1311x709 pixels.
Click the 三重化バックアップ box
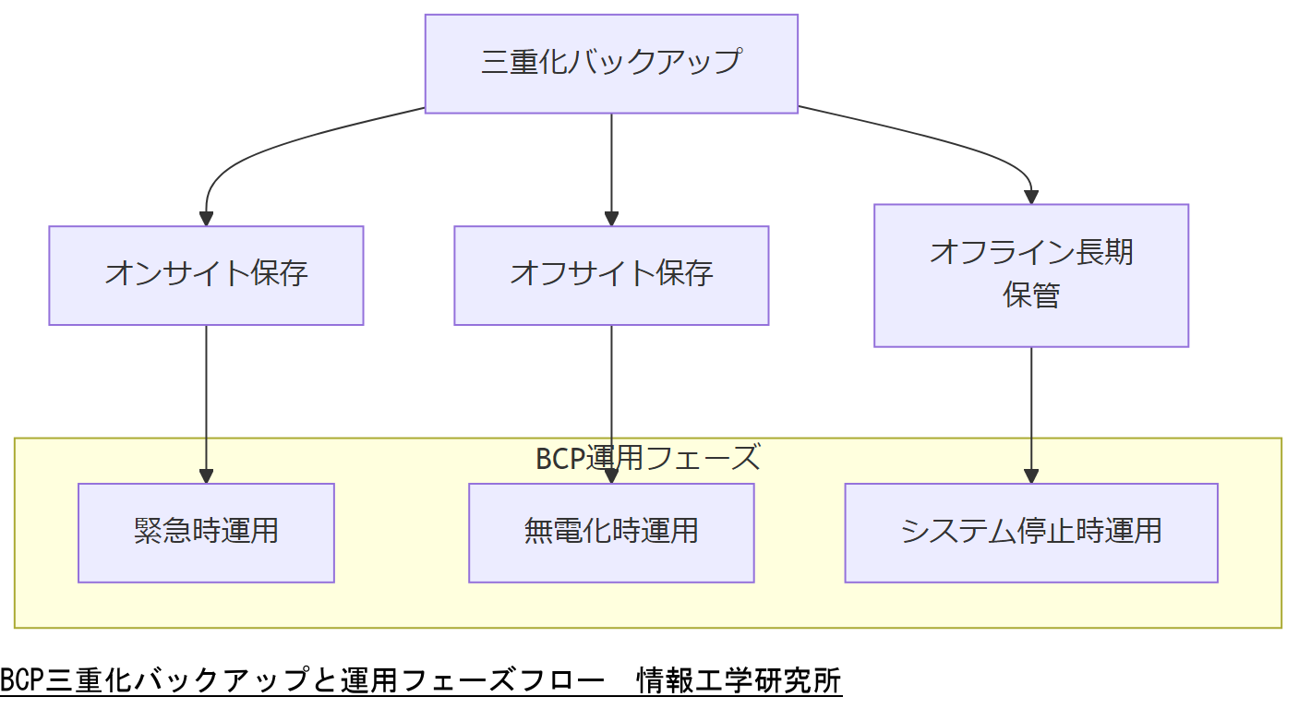[610, 63]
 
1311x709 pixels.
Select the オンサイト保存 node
[206, 275]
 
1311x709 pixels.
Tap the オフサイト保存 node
[611, 275]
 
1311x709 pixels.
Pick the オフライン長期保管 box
[1030, 275]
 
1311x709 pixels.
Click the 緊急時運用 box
[206, 533]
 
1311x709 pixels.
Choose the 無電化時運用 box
[611, 533]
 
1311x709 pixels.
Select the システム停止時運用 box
[1030, 533]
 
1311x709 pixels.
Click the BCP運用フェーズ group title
[647, 458]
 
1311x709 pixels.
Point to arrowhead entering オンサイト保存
[206, 219]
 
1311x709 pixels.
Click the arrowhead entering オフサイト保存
[611, 219]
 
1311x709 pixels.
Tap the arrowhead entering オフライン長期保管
[1031, 197]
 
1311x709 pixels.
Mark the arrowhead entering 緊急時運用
[206, 476]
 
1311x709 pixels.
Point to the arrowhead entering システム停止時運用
[1031, 476]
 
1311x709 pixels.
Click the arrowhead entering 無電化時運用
[611, 476]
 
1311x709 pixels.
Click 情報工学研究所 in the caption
[739, 681]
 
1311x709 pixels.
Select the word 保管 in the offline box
[1030, 296]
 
